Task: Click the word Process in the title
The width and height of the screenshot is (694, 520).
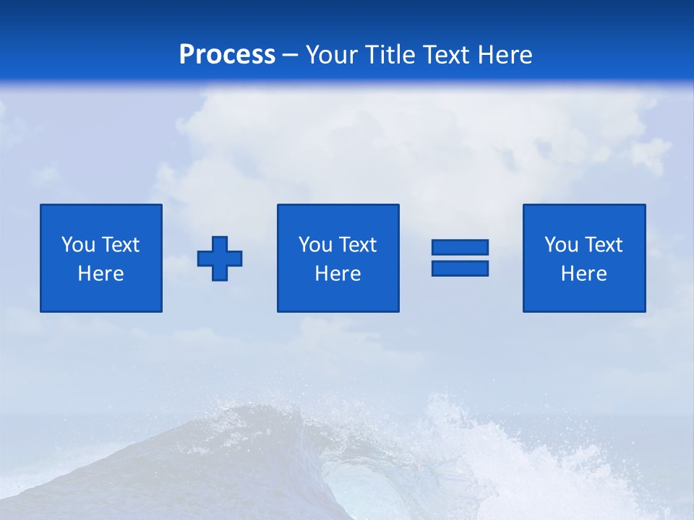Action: [x=227, y=55]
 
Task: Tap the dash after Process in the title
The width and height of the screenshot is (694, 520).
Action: [x=291, y=55]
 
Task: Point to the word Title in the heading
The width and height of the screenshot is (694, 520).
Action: [x=391, y=55]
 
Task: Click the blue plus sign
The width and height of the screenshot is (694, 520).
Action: [x=220, y=258]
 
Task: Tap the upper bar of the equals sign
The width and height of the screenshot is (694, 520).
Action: [x=460, y=247]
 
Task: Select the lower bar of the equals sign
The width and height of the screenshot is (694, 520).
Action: [x=460, y=268]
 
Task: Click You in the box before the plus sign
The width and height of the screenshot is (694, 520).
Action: [x=78, y=245]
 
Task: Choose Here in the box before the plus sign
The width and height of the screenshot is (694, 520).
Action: [x=100, y=274]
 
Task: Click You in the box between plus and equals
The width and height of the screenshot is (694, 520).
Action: [x=315, y=245]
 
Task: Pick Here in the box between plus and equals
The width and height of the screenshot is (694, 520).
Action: [x=338, y=274]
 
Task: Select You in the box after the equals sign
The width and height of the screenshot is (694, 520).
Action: [x=561, y=245]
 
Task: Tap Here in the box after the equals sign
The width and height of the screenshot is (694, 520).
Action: [x=583, y=274]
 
